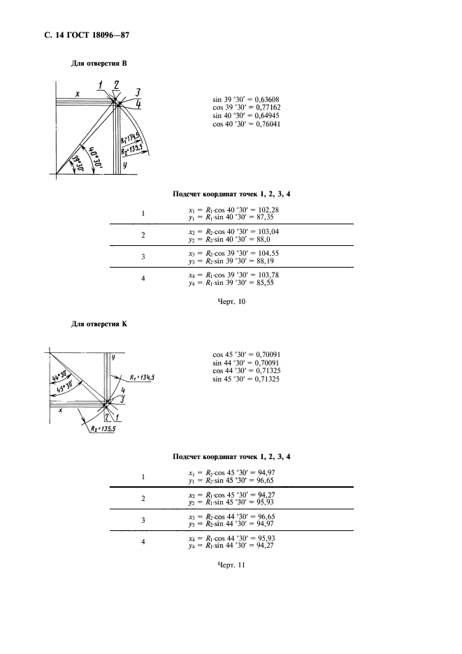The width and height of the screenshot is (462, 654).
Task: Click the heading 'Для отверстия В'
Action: coord(100,63)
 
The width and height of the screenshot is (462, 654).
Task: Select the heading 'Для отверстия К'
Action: coord(100,324)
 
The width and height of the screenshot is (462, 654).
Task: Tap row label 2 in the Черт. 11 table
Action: coord(143,498)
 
